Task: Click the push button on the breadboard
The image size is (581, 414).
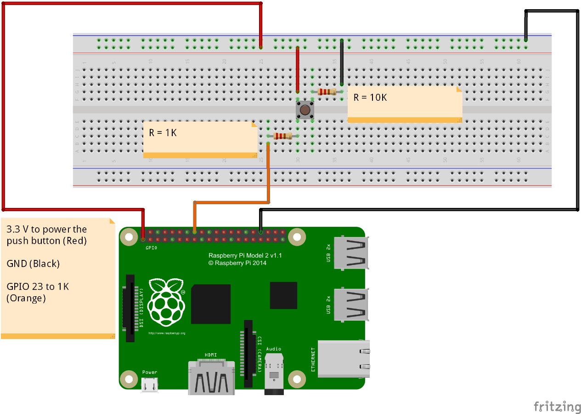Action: (305, 110)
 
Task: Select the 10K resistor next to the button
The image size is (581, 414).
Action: (327, 92)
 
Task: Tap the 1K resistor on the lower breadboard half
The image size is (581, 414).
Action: (282, 136)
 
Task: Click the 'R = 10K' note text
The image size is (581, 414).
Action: (370, 98)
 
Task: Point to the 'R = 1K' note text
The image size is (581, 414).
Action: (163, 132)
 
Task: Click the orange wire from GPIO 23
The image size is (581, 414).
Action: (230, 202)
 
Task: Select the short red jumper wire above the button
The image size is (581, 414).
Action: (298, 69)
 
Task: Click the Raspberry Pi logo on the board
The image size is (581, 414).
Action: (166, 301)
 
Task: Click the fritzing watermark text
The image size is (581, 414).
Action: (557, 407)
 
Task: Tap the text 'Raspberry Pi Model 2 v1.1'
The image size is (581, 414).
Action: (245, 256)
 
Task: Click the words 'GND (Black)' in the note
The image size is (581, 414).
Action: (33, 264)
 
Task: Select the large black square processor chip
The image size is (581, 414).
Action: (211, 304)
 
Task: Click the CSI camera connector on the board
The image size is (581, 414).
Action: (248, 353)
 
